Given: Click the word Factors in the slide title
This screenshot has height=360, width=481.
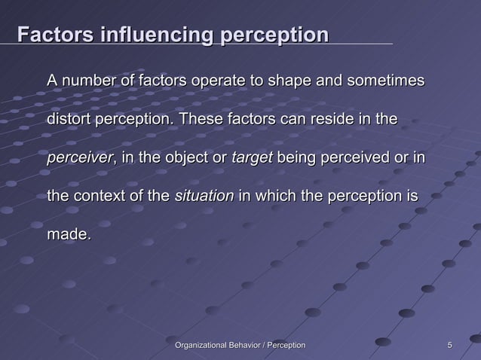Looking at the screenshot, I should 54,35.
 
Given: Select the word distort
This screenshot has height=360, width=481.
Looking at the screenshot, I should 69,119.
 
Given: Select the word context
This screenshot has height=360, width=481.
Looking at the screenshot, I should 100,197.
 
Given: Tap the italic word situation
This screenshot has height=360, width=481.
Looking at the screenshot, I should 204,197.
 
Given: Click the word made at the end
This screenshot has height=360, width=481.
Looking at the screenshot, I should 68,236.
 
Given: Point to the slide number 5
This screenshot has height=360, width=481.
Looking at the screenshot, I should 449,345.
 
